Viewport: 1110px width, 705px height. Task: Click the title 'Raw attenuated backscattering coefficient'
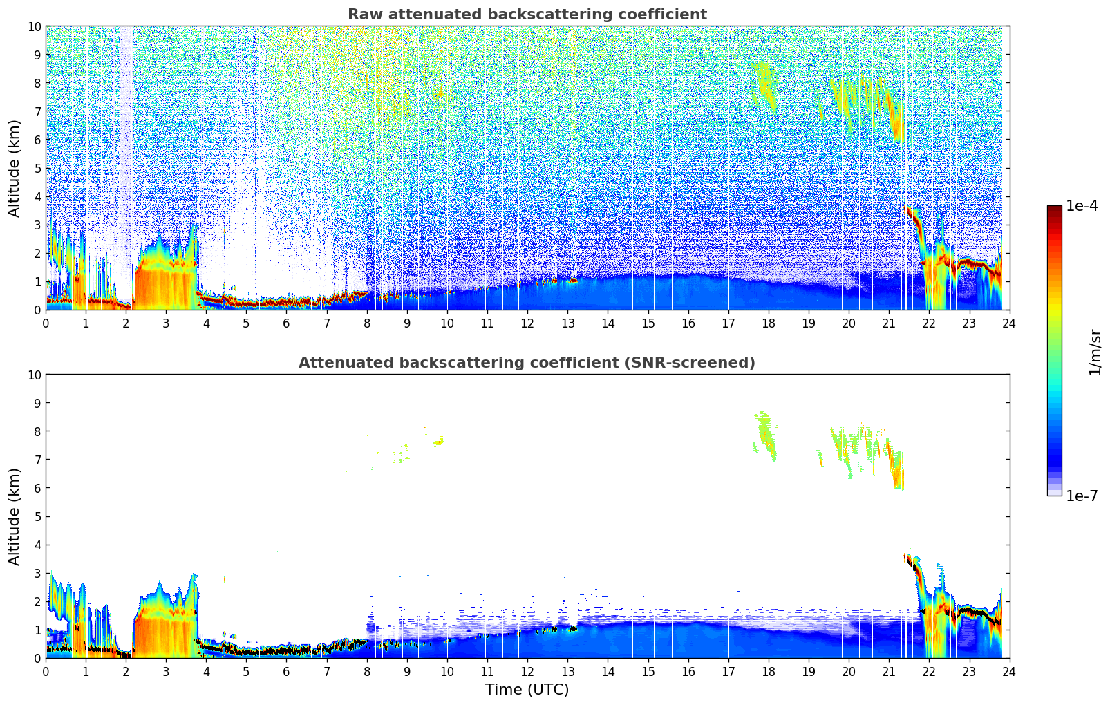[x=527, y=15]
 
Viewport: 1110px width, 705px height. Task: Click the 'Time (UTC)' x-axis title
[x=527, y=690]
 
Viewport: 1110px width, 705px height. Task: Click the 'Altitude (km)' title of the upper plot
[x=15, y=168]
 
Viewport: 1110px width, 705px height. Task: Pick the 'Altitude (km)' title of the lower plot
[x=15, y=516]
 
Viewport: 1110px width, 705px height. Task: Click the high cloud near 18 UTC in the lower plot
[x=764, y=434]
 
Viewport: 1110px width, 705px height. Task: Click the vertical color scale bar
[x=1054, y=350]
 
